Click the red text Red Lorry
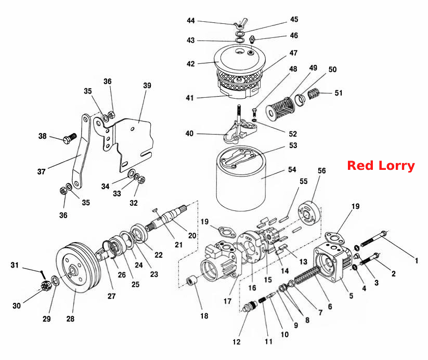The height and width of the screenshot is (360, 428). point(381,166)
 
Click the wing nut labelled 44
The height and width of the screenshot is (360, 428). point(240,23)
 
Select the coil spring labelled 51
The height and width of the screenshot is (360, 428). point(314,94)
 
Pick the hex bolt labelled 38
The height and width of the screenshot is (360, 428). point(69,138)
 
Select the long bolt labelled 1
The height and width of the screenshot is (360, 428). point(374,238)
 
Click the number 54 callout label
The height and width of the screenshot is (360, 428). point(292,170)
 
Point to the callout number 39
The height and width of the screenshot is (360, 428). point(147,85)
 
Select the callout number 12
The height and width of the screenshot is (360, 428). point(237,342)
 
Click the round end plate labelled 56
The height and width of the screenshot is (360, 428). point(309,214)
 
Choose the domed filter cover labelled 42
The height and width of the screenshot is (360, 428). point(240,59)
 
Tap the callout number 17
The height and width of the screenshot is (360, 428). point(227,301)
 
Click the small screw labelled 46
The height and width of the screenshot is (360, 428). point(253,40)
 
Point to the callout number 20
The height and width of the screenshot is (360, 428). point(192,235)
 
